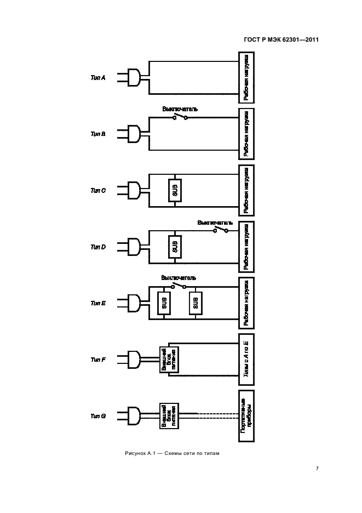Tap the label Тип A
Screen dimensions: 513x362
point(97,78)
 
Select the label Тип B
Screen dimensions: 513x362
point(97,134)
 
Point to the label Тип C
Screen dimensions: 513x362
point(97,191)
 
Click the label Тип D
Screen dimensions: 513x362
point(97,247)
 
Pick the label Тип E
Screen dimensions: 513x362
point(97,303)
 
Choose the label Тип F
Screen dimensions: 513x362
point(97,360)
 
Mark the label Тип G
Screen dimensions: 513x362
point(97,417)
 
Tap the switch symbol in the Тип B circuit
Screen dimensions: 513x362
point(180,117)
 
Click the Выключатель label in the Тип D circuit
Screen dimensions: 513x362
point(215,223)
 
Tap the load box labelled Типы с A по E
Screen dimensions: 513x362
point(247,359)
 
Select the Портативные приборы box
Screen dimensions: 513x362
point(247,416)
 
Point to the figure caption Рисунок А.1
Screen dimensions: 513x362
point(171,453)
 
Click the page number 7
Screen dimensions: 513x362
point(317,469)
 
